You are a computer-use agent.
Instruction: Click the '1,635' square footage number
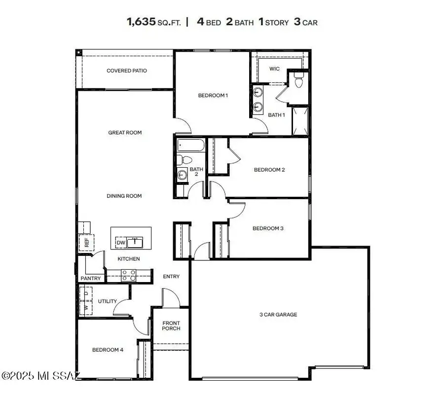[141, 22]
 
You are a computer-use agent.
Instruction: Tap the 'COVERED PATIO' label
[127, 71]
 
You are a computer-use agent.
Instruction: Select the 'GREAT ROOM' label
[125, 132]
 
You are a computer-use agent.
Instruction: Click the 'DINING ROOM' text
[124, 196]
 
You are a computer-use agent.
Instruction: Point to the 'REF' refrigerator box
[87, 243]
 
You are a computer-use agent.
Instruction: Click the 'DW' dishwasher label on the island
[120, 243]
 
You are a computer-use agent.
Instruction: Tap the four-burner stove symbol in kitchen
[129, 275]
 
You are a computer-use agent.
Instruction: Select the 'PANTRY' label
[91, 279]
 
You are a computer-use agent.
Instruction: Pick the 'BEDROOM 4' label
[108, 350]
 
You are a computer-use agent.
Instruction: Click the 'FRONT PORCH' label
[171, 326]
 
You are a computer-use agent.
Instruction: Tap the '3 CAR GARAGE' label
[278, 314]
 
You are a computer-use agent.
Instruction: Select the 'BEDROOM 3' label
[268, 228]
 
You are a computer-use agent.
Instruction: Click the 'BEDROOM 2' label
[269, 170]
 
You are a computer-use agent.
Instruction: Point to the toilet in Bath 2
[182, 159]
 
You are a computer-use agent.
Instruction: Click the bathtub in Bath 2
[190, 145]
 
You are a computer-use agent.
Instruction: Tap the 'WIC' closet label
[274, 69]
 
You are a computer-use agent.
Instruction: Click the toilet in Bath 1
[298, 82]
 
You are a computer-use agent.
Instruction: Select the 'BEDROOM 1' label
[213, 95]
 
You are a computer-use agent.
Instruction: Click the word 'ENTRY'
[171, 277]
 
